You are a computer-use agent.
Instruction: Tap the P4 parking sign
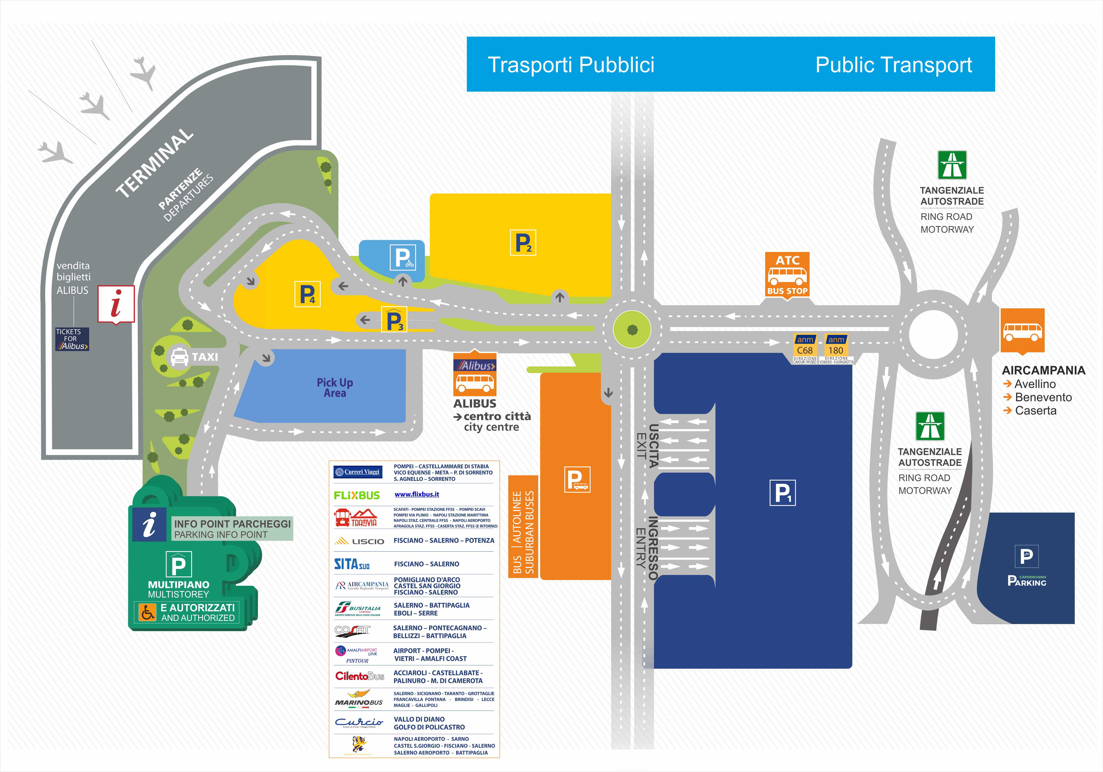tap(307, 295)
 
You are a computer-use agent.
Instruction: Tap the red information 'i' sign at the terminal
tap(116, 304)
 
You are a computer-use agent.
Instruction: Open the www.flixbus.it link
tap(417, 494)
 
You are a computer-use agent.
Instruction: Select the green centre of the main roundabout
tap(632, 329)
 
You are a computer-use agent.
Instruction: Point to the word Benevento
tap(1043, 397)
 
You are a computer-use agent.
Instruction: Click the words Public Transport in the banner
tap(894, 65)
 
